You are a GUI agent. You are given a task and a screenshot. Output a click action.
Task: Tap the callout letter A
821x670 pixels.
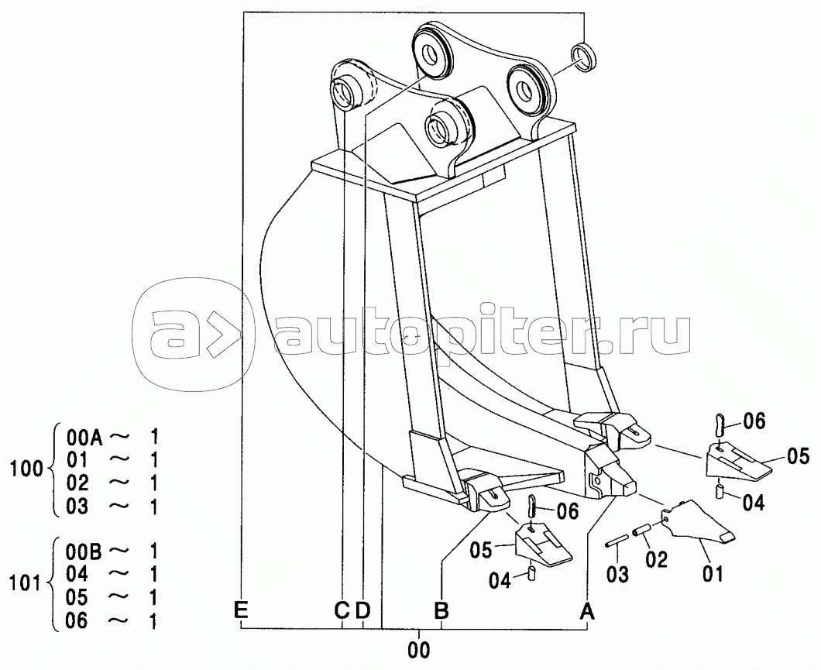(587, 611)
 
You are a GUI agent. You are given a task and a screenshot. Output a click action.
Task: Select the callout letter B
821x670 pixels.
(441, 611)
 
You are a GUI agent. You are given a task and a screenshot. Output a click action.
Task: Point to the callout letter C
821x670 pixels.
(342, 611)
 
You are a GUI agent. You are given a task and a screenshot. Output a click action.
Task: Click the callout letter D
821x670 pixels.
(362, 611)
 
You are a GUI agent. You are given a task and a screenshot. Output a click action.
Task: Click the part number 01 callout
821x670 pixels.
(713, 574)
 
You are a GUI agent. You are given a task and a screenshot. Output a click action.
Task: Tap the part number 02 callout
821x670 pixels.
(656, 559)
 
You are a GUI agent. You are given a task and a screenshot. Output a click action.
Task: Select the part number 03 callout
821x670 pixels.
(617, 574)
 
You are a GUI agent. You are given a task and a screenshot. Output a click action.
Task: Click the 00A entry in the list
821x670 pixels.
(81, 435)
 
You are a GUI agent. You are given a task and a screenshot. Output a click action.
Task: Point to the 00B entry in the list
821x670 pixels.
(81, 551)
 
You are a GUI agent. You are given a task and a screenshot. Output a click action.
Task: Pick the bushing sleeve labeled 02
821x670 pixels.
(643, 533)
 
